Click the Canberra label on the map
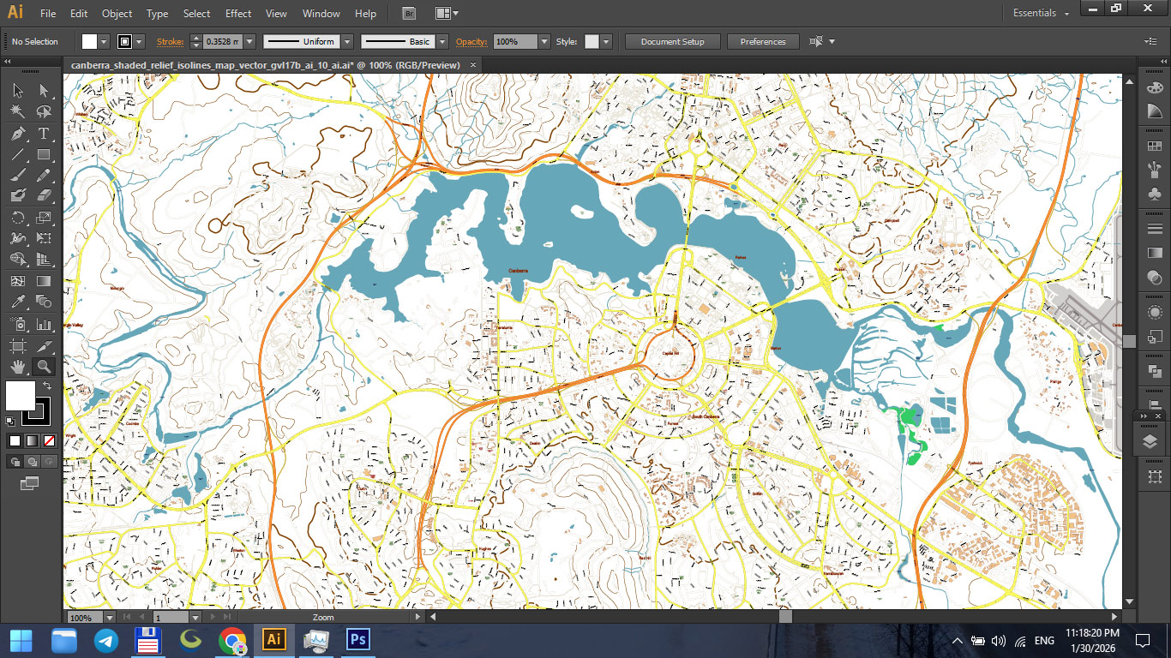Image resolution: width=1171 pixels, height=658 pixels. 518,271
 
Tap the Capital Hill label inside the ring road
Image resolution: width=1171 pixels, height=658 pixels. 670,354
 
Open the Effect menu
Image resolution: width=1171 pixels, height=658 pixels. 238,14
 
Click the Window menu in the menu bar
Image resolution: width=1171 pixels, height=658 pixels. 321,14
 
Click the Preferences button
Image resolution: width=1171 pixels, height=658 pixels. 762,42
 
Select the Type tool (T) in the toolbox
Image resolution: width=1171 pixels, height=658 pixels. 44,134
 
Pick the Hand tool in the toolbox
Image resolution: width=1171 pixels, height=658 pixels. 17,367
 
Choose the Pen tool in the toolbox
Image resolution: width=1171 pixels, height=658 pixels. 17,134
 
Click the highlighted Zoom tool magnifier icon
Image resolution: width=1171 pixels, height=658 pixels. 44,367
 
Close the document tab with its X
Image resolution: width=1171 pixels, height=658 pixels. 473,65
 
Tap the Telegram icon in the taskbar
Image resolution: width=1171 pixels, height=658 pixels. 106,640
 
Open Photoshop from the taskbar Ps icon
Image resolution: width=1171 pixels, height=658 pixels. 358,640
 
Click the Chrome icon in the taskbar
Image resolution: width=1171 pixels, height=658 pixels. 232,640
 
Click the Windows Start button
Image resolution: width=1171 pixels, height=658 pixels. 21,640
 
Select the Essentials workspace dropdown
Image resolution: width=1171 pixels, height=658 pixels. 1041,14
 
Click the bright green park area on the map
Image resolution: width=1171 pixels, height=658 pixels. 909,424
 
